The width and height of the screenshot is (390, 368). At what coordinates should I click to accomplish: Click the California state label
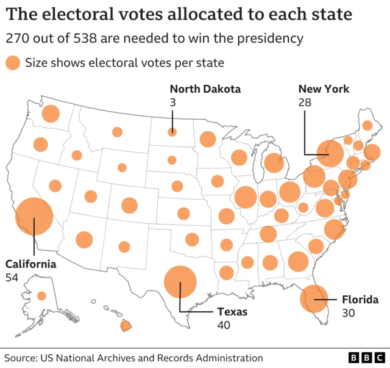30,264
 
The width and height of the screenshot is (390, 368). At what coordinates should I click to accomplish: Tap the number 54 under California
12,277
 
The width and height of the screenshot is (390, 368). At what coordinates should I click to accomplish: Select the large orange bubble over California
34,217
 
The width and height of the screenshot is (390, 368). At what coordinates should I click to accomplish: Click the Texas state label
233,312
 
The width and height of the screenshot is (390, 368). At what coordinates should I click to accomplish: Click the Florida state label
360,300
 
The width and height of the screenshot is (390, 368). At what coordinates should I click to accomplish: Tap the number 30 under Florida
348,312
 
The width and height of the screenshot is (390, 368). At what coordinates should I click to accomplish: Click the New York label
324,89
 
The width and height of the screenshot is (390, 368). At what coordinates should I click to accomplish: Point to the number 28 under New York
305,103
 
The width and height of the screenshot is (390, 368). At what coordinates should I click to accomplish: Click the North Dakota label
205,89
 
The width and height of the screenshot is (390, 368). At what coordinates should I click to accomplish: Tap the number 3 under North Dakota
172,103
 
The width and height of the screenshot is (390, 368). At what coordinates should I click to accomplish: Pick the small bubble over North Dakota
172,132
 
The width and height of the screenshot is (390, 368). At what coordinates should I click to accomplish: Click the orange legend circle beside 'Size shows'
12,63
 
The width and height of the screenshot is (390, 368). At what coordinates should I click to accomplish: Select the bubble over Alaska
41,296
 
